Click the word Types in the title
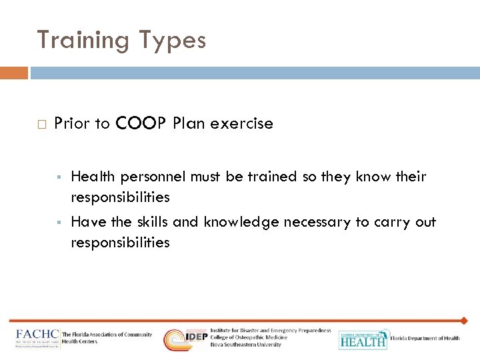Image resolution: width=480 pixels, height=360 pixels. point(171,41)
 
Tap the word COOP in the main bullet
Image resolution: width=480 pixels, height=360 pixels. point(141,123)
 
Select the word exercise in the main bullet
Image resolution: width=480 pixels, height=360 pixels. point(243,123)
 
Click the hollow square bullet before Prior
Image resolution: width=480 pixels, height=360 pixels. point(41,124)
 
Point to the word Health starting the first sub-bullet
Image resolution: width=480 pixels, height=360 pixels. point(93,177)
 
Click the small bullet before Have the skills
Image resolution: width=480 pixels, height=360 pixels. point(59,223)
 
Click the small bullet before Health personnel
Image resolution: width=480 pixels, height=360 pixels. point(59,177)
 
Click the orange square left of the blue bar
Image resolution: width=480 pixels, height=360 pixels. point(14,73)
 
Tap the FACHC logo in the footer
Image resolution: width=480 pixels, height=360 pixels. point(38,338)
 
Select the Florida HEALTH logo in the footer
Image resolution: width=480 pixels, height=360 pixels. point(363,339)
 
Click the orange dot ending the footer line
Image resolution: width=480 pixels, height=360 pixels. point(465,321)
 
